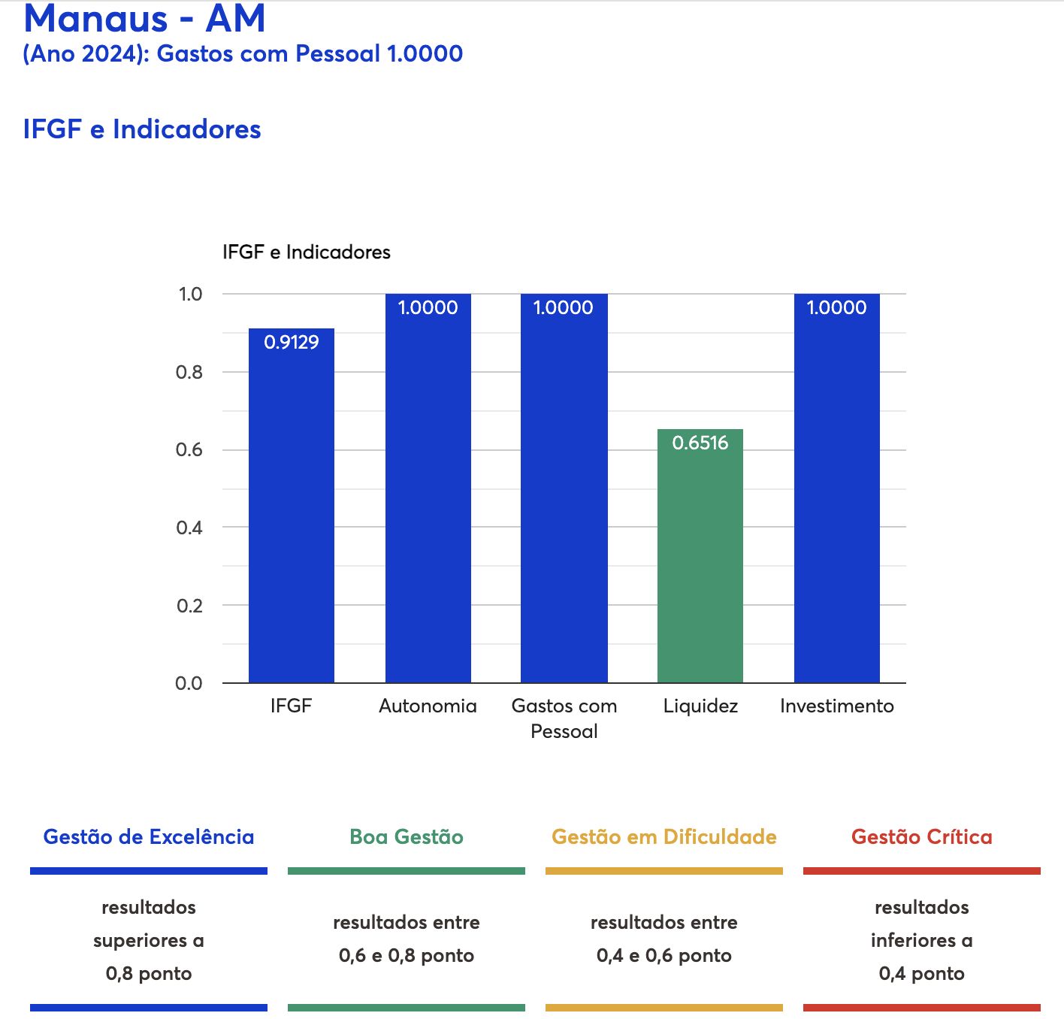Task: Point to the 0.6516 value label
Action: pos(700,443)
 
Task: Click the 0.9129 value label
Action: pos(291,342)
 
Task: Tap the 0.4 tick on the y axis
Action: pos(189,528)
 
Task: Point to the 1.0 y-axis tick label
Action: pos(190,294)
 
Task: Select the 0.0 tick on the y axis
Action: pos(189,683)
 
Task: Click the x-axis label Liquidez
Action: pos(700,706)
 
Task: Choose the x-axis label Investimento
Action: pos(836,706)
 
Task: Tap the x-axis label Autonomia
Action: pos(428,706)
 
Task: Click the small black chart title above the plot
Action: pos(306,252)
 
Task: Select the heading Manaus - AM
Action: pos(144,19)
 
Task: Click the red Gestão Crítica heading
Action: pos(921,836)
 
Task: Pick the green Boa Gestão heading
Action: pos(406,836)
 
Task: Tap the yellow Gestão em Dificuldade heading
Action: pos(663,836)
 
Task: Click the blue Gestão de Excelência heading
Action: pos(149,836)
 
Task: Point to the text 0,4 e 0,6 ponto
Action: pos(663,955)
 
